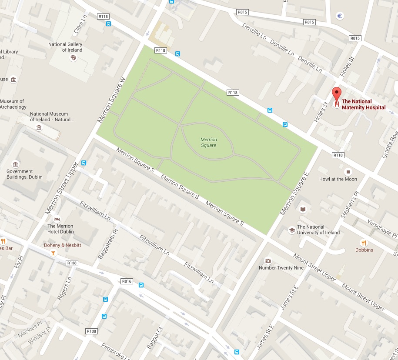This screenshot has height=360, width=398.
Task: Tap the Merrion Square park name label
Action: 208,142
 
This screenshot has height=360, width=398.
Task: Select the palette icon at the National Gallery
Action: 74,58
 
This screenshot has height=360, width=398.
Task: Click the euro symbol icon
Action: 341,16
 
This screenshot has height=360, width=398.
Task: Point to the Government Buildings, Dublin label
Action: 24,174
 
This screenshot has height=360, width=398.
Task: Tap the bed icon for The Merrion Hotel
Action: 56,219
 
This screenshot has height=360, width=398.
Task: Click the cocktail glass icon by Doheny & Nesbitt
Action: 54,253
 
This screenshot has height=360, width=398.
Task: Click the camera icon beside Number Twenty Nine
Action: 268,261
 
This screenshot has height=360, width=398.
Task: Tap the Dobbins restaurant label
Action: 364,250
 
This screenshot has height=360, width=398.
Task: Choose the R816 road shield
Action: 127,281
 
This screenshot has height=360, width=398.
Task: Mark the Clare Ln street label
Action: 80,24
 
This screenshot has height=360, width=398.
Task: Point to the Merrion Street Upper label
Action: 62,188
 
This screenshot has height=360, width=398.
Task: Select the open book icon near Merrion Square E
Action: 303,209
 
